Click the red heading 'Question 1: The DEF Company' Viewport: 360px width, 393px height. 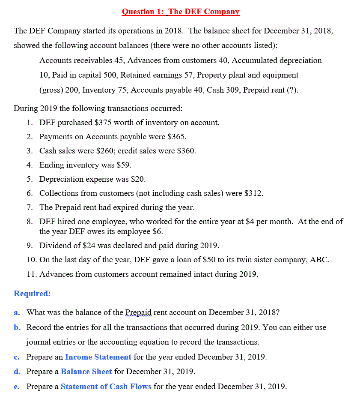coord(180,12)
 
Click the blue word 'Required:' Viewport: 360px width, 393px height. coord(32,294)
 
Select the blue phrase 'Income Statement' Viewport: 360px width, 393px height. coord(98,357)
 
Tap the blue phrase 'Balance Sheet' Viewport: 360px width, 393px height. coord(86,372)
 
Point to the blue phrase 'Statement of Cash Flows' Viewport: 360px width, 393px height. coord(106,387)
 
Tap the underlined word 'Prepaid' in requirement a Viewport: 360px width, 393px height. coord(139,312)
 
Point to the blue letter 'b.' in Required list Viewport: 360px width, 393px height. coord(17,327)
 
